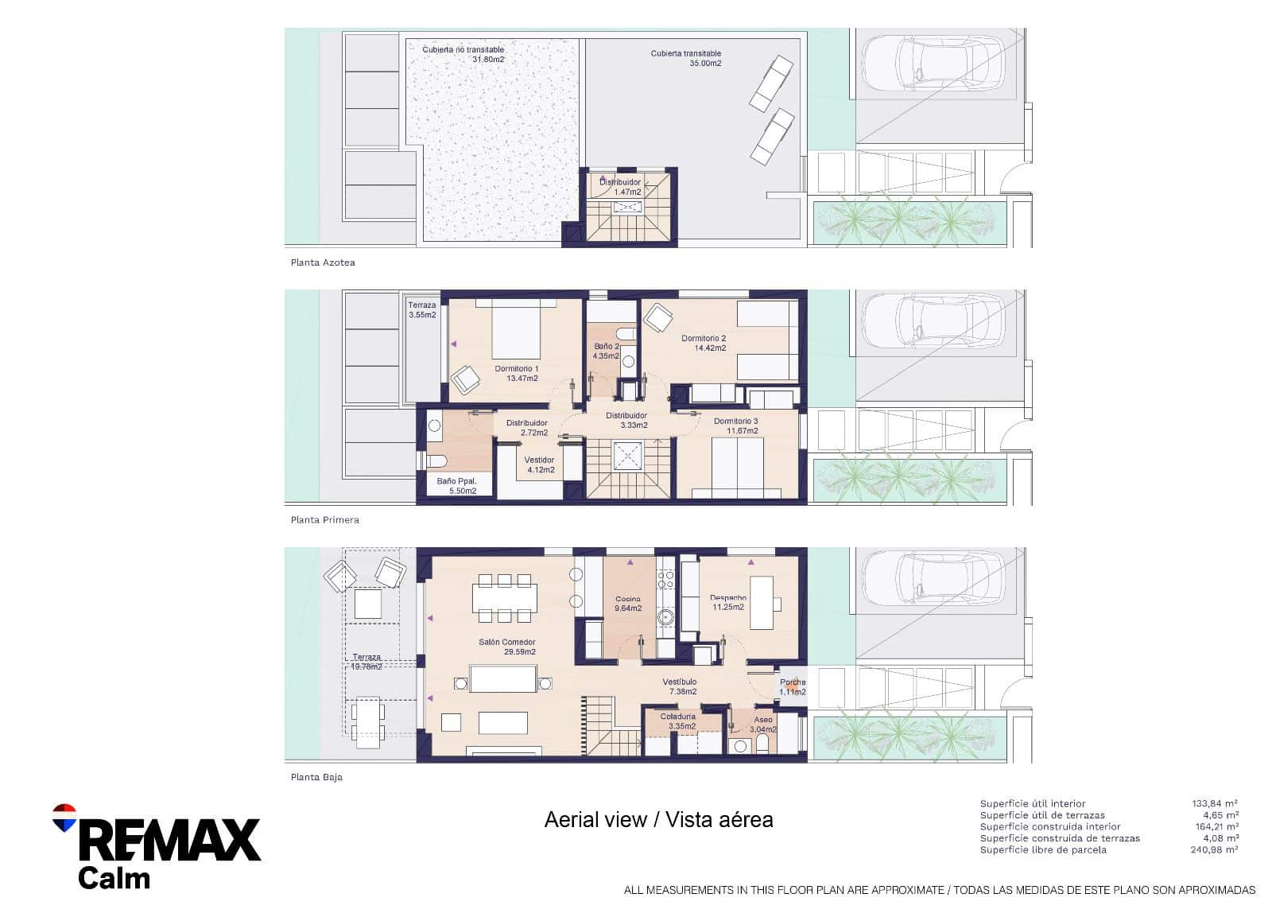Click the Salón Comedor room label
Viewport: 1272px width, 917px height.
click(x=506, y=647)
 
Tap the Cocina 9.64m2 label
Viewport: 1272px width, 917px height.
click(x=627, y=604)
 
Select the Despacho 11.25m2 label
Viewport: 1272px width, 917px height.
click(x=727, y=602)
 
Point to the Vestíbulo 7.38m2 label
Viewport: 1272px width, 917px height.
click(x=680, y=686)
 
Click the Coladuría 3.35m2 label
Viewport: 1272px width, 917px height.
click(x=677, y=721)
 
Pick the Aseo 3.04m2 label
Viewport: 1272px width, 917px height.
click(x=762, y=724)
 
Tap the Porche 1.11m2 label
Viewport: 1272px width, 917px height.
click(x=793, y=687)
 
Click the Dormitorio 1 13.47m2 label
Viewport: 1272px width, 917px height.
click(x=517, y=373)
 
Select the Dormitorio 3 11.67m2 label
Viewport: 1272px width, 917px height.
click(x=735, y=425)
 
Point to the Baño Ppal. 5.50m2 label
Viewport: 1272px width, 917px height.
click(x=456, y=486)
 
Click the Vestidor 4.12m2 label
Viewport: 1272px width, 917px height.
click(x=539, y=464)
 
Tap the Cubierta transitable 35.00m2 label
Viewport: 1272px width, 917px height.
click(x=686, y=58)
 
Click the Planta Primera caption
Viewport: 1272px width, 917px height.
click(x=324, y=520)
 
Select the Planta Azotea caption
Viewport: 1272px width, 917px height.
click(x=323, y=262)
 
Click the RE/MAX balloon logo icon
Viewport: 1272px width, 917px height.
click(x=64, y=818)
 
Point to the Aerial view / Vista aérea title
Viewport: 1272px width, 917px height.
click(x=658, y=819)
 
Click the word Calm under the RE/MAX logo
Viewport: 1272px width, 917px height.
click(x=114, y=878)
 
